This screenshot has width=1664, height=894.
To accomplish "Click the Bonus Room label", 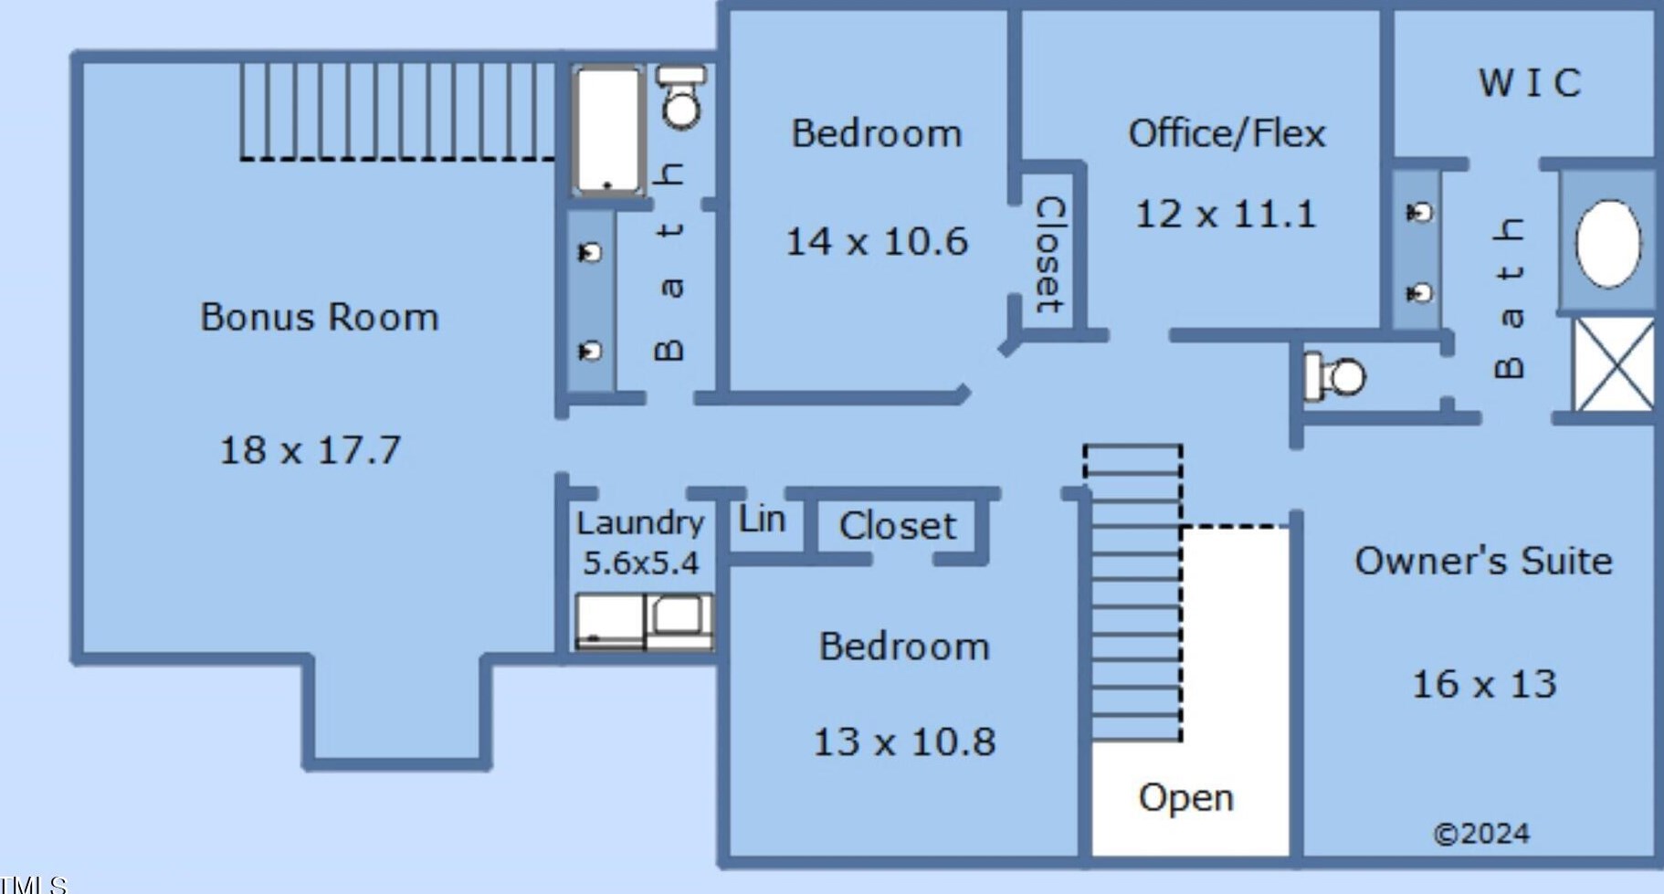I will click(320, 317).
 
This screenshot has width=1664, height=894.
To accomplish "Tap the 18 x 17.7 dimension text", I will click(311, 450).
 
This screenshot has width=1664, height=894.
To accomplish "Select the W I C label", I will click(1530, 83).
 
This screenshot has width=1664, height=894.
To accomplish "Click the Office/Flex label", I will click(1227, 133).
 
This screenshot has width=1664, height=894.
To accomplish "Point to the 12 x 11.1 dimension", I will click(1226, 215).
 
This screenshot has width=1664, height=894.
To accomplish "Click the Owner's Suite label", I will click(1483, 561).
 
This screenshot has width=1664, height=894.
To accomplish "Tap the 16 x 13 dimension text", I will click(1484, 684).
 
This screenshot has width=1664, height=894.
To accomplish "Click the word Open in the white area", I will click(1185, 797).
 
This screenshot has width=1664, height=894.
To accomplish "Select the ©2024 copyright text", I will click(1481, 834).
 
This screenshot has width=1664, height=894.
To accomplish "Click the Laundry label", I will click(640, 523).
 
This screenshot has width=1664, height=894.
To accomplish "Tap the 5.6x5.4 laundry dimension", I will click(640, 563).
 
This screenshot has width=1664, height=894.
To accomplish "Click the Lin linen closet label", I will click(762, 520).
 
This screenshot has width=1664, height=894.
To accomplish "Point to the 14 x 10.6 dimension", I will click(876, 242).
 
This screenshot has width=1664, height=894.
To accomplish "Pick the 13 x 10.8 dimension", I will click(904, 741).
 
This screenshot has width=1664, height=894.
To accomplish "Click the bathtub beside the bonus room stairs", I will click(607, 130).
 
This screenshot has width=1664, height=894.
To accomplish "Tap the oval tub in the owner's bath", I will click(1607, 243).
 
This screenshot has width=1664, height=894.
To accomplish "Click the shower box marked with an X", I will click(1614, 363).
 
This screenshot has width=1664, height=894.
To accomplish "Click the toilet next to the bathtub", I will click(681, 98).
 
